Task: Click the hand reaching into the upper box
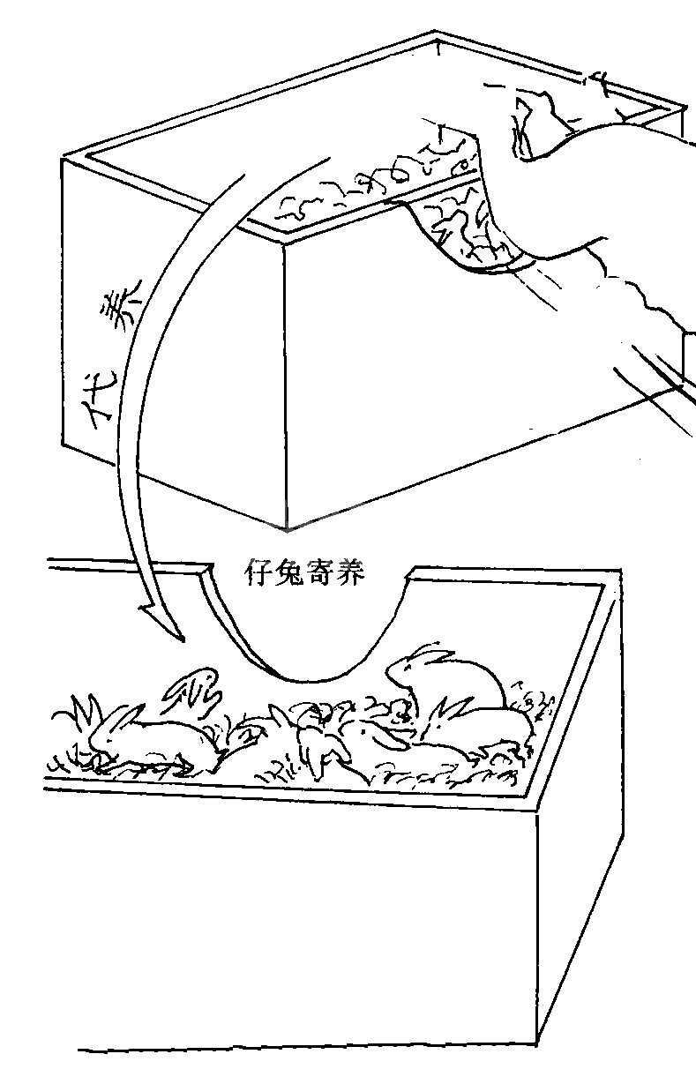(x=609, y=212)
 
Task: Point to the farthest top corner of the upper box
(x=435, y=35)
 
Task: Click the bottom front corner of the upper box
(x=288, y=527)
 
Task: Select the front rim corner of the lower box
(x=538, y=810)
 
